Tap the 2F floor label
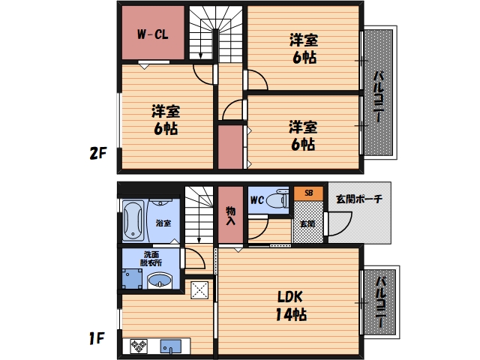pyautogui.click(x=99, y=154)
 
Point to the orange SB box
pyautogui.click(x=308, y=193)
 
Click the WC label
pyautogui.click(x=256, y=199)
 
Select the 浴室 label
pyautogui.click(x=163, y=223)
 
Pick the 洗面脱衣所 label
pyautogui.click(x=151, y=258)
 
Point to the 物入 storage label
pyautogui.click(x=231, y=216)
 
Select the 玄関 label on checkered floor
pyautogui.click(x=308, y=223)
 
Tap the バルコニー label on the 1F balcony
pyautogui.click(x=380, y=304)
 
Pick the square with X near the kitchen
pyautogui.click(x=200, y=289)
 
